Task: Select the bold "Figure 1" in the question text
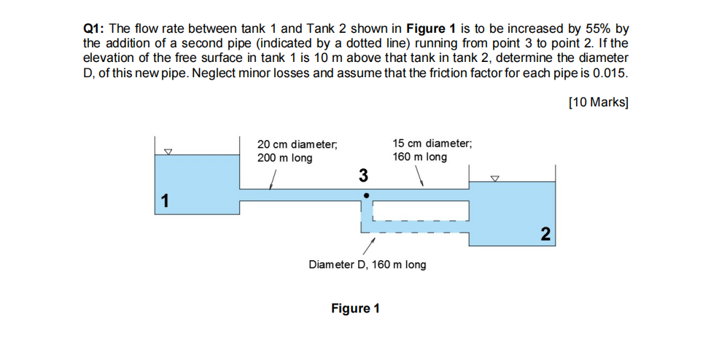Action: pos(431,29)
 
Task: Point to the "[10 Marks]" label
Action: pos(598,102)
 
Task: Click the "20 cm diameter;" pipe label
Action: pos(297,144)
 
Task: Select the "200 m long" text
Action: pos(284,157)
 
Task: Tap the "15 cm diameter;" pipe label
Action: pos(432,144)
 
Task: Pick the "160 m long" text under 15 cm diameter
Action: pos(419,157)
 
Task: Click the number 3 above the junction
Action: pos(363,176)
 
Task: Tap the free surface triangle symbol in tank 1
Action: pos(168,152)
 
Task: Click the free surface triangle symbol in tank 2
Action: pos(496,177)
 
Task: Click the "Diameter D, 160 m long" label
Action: pos(368,264)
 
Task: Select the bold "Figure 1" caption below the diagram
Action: pos(355,308)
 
